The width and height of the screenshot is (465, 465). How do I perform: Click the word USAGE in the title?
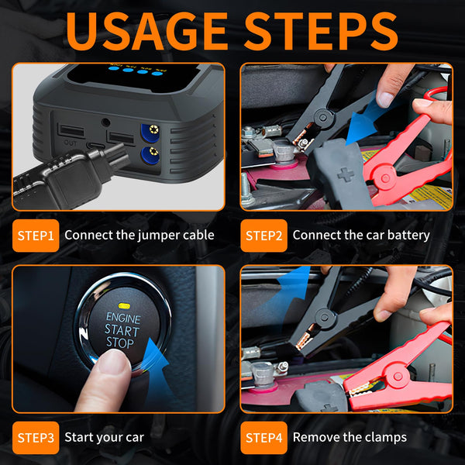point(147,31)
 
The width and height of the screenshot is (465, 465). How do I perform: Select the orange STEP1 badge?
point(35,235)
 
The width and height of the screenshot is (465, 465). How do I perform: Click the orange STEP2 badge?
point(263,235)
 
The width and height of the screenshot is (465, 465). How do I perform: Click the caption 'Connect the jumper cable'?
point(139,235)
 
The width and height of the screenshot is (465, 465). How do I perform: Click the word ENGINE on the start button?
point(122,318)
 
